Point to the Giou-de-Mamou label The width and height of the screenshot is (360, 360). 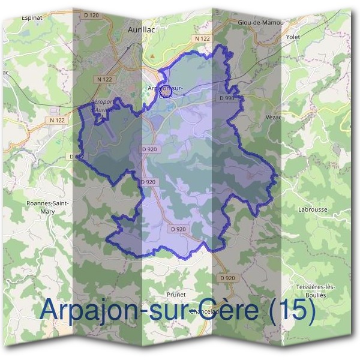coord(260,23)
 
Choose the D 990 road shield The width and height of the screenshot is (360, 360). coord(227,97)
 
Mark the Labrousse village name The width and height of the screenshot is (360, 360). coord(313,209)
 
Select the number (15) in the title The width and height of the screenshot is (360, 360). coord(292,311)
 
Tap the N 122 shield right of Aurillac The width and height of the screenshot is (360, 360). coord(203,38)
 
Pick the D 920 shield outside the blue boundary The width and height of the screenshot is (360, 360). coord(227,278)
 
